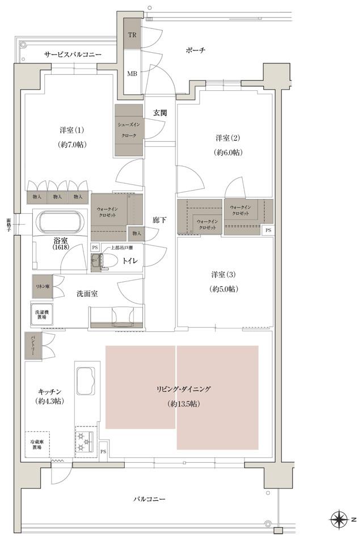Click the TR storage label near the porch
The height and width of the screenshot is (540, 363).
click(x=132, y=35)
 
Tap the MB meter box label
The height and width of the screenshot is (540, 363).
click(x=132, y=74)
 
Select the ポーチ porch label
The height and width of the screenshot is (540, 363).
click(x=195, y=50)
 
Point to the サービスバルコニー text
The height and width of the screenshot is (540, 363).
click(x=73, y=54)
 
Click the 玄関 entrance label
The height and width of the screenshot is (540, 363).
click(x=159, y=113)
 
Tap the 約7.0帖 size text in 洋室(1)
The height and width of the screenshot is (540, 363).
click(x=71, y=145)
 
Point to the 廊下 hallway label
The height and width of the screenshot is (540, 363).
click(x=159, y=220)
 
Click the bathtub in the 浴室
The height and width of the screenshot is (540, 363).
click(x=59, y=222)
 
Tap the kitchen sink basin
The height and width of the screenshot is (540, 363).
click(x=86, y=378)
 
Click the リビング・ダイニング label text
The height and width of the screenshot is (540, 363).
click(x=184, y=389)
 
